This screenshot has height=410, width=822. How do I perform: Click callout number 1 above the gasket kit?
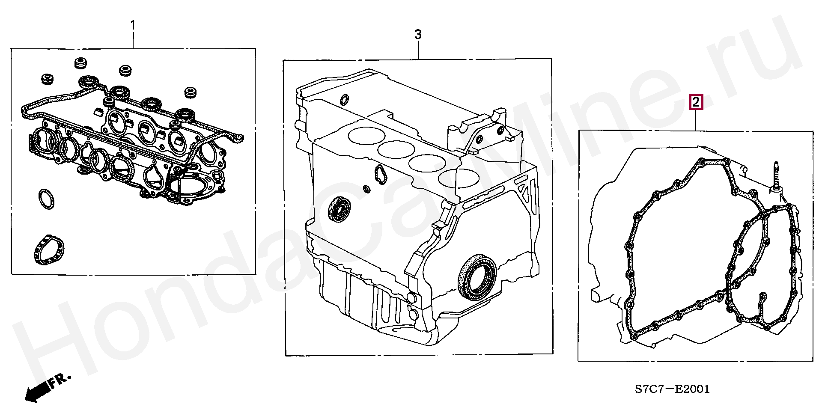(x=133, y=26)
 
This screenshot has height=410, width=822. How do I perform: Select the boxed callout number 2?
(x=696, y=102)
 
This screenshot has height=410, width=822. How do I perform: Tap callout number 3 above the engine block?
(x=418, y=34)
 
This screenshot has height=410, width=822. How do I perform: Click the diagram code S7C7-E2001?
(x=672, y=389)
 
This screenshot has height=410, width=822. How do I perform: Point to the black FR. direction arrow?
(x=37, y=391)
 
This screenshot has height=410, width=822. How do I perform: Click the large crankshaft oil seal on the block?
(x=477, y=276)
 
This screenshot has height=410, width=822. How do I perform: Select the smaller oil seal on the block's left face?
(x=340, y=209)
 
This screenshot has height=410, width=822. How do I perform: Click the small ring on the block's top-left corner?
(x=344, y=100)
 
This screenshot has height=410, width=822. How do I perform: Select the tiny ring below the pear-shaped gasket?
(x=366, y=189)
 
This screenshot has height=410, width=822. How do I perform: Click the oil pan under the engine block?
(x=368, y=300)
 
